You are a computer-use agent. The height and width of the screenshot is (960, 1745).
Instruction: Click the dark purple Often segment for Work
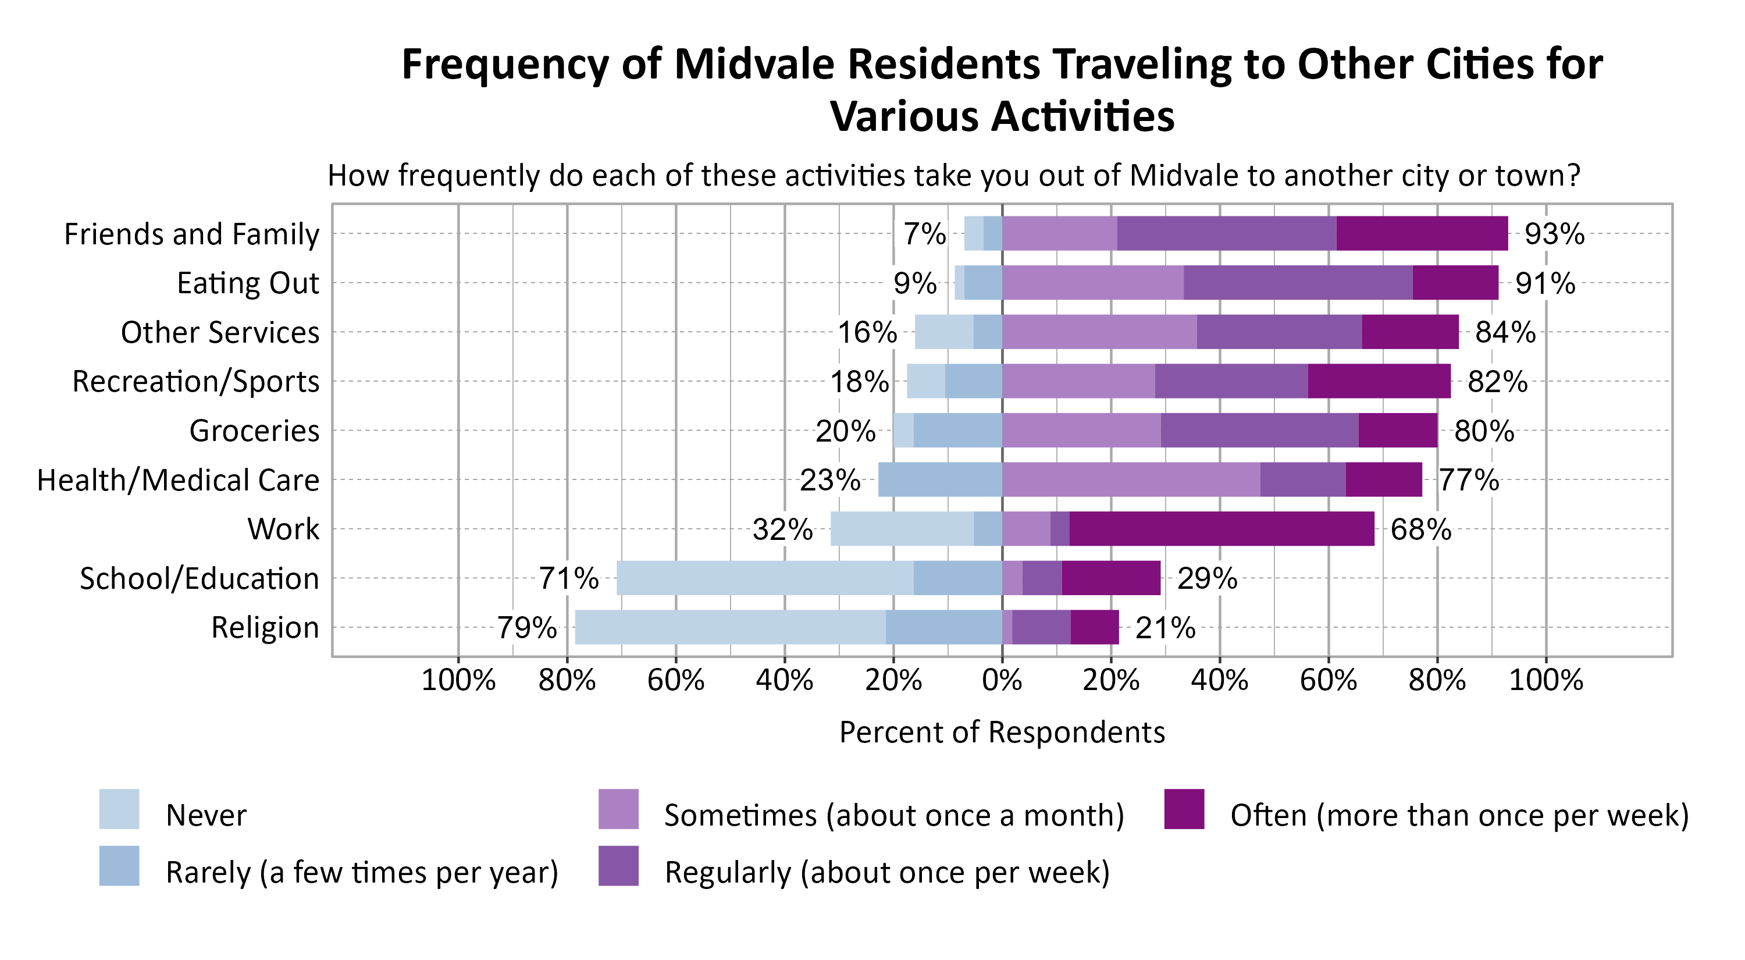1221,528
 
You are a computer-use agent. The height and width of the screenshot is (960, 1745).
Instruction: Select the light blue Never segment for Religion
729,627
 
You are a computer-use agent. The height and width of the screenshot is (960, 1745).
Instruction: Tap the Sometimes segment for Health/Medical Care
1131,479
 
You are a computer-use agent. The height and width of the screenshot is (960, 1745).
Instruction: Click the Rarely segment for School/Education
957,578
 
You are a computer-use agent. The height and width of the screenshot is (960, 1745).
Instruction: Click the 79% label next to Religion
526,627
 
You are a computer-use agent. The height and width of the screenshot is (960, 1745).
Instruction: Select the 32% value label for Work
782,529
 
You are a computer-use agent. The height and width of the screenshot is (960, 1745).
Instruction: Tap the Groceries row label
254,431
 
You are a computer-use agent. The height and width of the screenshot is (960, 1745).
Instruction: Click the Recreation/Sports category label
196,382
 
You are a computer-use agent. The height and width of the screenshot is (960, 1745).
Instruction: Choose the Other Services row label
219,333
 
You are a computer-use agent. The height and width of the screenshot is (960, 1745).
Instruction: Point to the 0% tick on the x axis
1001,680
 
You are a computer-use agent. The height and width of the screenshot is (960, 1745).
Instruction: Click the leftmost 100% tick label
458,680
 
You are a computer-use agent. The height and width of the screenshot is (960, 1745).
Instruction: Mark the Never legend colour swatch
119,809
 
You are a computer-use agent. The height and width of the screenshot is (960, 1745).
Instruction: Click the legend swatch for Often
1184,809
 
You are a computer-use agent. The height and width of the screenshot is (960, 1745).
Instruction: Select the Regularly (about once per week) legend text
886,872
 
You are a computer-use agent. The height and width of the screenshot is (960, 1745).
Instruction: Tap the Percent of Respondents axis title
1001,733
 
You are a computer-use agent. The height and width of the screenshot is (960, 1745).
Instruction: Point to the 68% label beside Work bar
1420,529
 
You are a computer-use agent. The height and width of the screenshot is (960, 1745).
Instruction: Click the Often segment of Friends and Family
1422,233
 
